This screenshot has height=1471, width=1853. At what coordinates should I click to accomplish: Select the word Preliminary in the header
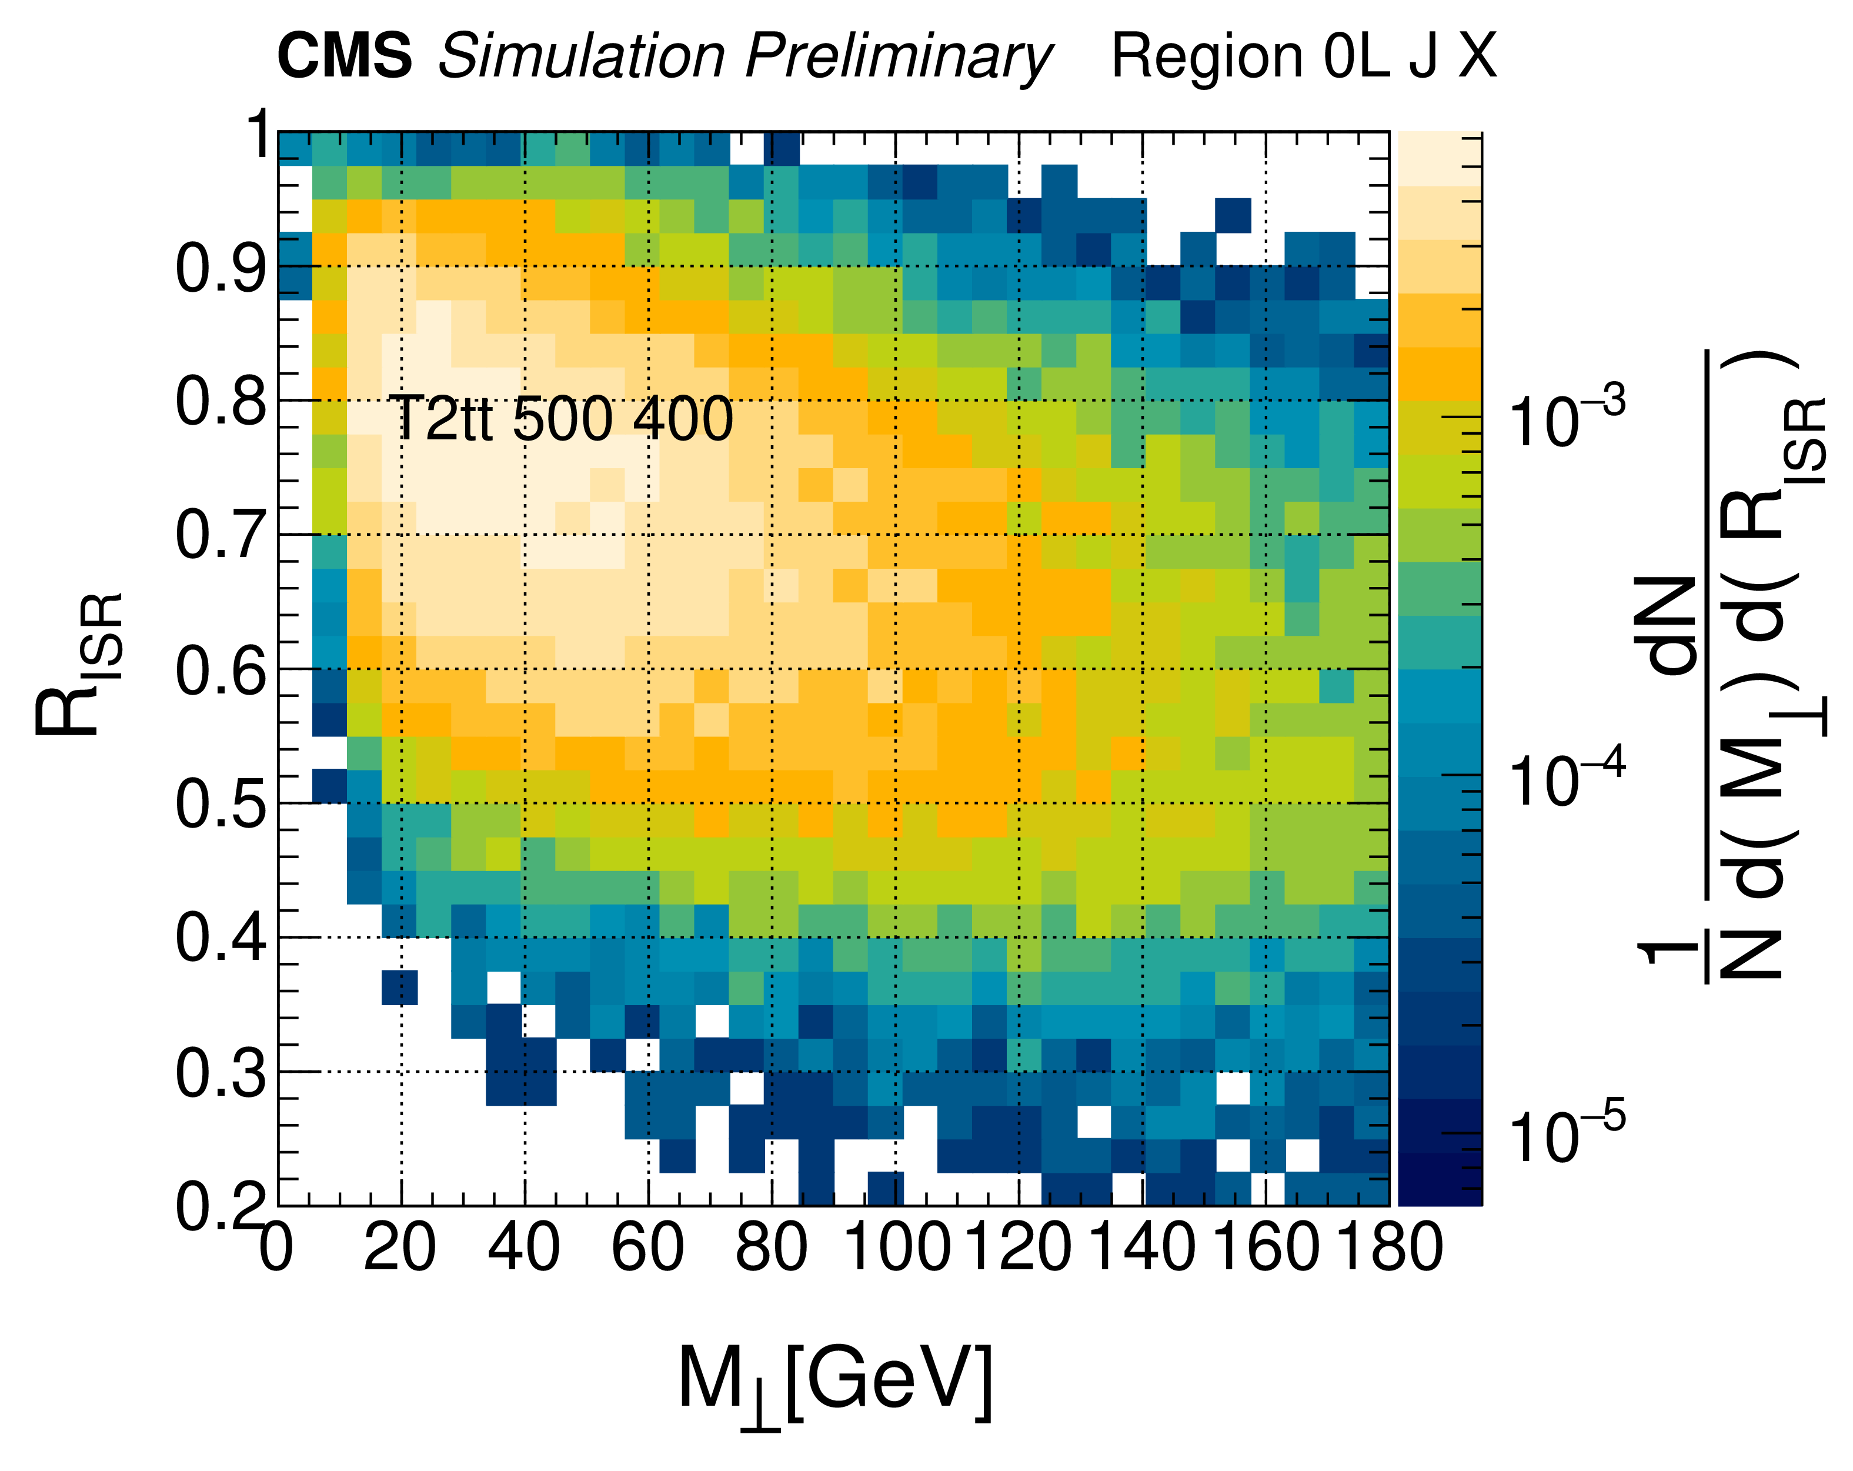[x=898, y=58]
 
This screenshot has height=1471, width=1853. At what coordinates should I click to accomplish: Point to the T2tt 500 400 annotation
[x=561, y=419]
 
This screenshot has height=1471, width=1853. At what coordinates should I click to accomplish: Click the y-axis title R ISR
[x=79, y=663]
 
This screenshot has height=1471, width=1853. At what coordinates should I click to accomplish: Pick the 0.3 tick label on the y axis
[x=220, y=1073]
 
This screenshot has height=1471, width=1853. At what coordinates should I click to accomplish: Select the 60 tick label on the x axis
[x=648, y=1247]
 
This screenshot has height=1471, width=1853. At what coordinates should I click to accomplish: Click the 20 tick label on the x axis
[x=400, y=1247]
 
